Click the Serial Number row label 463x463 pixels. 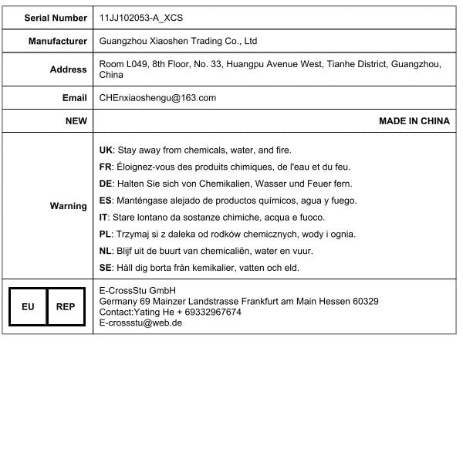(56, 17)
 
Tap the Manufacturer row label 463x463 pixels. (58, 41)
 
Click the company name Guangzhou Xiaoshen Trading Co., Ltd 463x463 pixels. (178, 41)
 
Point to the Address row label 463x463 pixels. (69, 69)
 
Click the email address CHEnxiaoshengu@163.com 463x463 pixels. (157, 98)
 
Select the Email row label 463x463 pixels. (75, 98)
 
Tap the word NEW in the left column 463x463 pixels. (76, 121)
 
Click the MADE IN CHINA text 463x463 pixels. (414, 121)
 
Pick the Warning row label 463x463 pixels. (69, 206)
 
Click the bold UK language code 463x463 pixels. (106, 150)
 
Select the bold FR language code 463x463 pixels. (106, 167)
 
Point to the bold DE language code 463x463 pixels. (106, 184)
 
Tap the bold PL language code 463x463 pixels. (106, 234)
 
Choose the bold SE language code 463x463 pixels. (106, 268)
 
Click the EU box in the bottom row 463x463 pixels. (28, 306)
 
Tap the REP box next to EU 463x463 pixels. (66, 306)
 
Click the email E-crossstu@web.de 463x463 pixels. (141, 323)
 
